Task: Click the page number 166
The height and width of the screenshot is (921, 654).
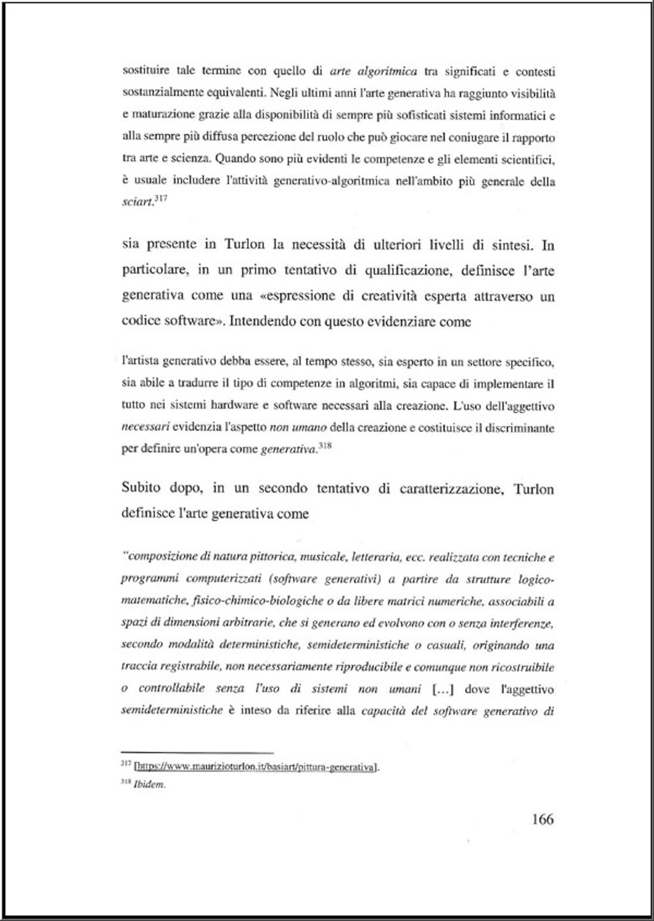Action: (542, 820)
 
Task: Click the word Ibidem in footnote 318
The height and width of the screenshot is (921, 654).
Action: (150, 785)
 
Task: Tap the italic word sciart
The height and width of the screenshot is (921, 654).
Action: (137, 202)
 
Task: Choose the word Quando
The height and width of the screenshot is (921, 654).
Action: (234, 159)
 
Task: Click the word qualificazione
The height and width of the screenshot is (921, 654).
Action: (409, 271)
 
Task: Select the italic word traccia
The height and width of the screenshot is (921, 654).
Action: (139, 667)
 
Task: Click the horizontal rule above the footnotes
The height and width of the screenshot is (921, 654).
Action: (197, 753)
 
